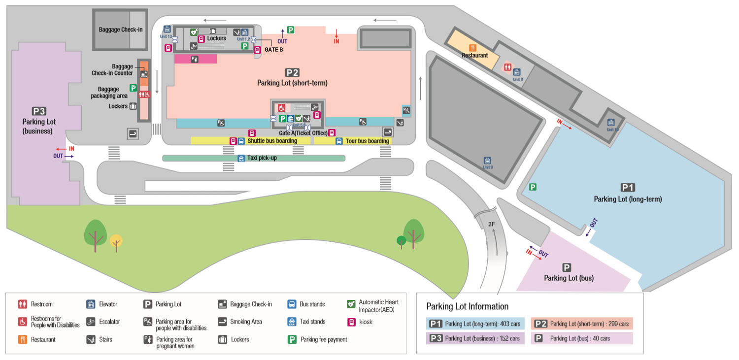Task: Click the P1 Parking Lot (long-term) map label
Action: (628, 199)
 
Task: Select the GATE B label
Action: (273, 49)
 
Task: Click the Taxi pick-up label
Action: (261, 158)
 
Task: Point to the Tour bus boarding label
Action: (367, 141)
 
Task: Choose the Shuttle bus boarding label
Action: (272, 141)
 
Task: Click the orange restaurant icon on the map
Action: (473, 48)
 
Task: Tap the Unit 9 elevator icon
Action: (487, 161)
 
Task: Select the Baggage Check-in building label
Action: (121, 30)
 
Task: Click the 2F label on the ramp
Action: (491, 224)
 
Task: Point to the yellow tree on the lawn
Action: (116, 241)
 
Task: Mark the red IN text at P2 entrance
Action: (336, 41)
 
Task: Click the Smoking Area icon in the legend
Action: (222, 322)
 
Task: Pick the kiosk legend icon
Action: (351, 322)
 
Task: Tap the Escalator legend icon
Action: (91, 322)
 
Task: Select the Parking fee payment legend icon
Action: (292, 339)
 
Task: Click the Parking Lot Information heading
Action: (467, 306)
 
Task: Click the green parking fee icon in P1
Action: (533, 187)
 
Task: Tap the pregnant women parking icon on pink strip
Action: (195, 59)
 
